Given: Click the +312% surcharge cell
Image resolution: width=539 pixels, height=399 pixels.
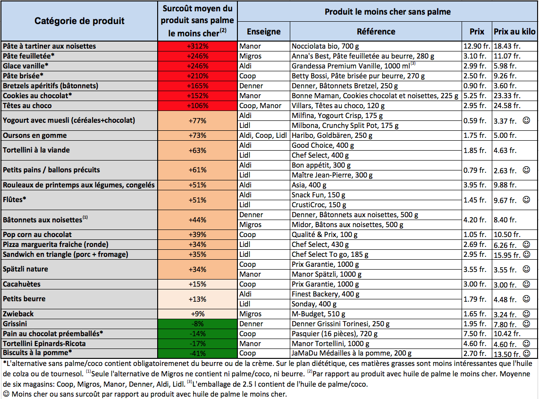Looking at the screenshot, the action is pyautogui.click(x=198, y=46).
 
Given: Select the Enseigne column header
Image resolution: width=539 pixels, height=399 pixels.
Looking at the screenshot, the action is pyautogui.click(x=264, y=32).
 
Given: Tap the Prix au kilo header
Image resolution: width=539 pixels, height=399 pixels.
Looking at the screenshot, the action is pyautogui.click(x=514, y=32).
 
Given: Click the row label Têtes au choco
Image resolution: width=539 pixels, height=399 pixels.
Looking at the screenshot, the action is pyautogui.click(x=27, y=106).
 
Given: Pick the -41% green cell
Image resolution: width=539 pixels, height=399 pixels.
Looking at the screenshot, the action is pyautogui.click(x=198, y=354).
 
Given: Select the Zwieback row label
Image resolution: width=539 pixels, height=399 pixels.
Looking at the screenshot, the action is pyautogui.click(x=18, y=314).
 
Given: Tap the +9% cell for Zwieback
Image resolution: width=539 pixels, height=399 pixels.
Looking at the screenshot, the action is pyautogui.click(x=198, y=314).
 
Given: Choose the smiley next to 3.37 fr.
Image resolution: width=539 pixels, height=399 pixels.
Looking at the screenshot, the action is pyautogui.click(x=526, y=120).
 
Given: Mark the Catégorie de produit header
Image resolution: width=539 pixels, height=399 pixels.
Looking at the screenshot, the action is pyautogui.click(x=79, y=21).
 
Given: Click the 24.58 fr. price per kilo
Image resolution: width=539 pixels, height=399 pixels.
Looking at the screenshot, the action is pyautogui.click(x=507, y=106).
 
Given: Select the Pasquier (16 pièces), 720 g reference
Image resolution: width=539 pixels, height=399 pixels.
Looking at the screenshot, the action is pyautogui.click(x=335, y=334).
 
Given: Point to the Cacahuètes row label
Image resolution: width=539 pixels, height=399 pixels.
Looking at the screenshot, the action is pyautogui.click(x=22, y=284).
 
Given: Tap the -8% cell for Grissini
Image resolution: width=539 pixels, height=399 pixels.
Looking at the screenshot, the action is pyautogui.click(x=198, y=323).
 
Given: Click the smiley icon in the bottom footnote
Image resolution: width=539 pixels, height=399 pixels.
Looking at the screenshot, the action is pyautogui.click(x=6, y=394).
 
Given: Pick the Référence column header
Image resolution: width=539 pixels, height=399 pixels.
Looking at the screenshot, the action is pyautogui.click(x=376, y=32).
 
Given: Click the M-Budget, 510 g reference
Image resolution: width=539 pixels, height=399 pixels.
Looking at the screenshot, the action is pyautogui.click(x=319, y=314).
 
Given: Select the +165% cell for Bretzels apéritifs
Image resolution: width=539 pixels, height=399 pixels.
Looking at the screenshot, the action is pyautogui.click(x=198, y=85).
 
